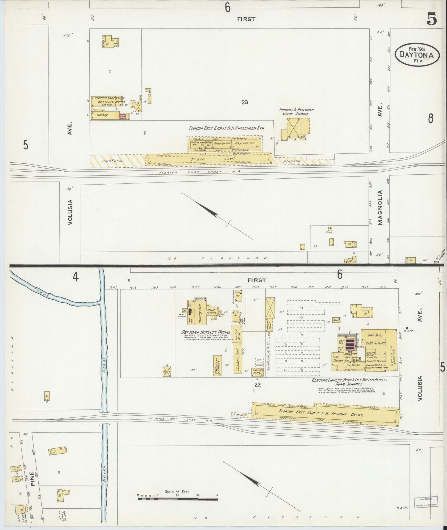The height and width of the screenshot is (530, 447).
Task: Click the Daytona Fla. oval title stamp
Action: (x=417, y=54)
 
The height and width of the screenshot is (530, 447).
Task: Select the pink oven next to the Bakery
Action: (x=122, y=117)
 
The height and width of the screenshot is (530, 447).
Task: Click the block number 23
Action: (x=245, y=102)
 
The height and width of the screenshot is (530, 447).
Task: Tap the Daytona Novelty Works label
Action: (x=206, y=332)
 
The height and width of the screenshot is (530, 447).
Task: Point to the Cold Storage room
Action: (x=338, y=359)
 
